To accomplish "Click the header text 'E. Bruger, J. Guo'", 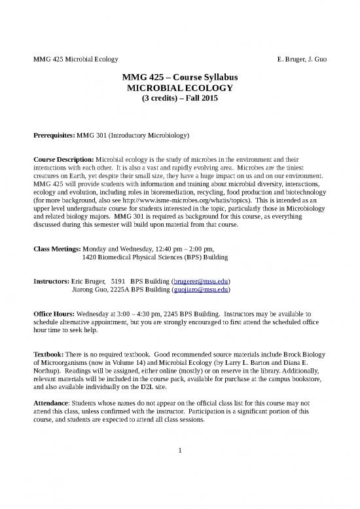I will [303, 60].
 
